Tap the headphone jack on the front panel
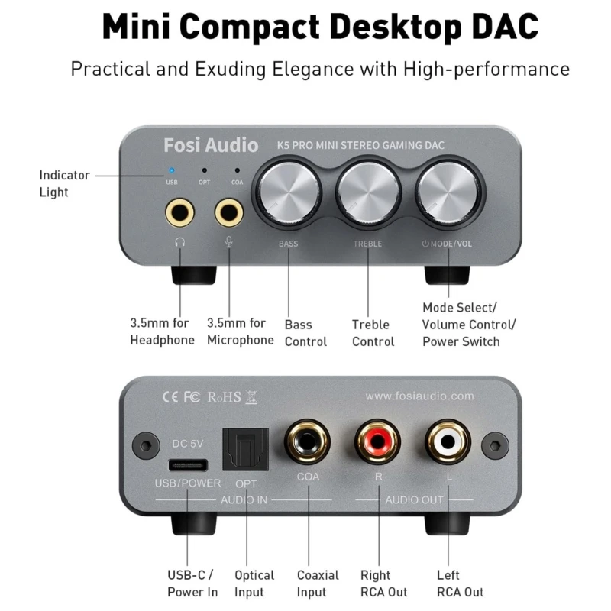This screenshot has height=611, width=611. (179, 211)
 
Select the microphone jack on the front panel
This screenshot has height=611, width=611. (228, 211)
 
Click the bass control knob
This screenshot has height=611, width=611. (288, 189)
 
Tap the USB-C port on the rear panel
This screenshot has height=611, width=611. (186, 464)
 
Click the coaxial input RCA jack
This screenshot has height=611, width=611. (307, 442)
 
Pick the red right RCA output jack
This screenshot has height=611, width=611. (378, 442)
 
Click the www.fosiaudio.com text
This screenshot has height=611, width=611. (419, 396)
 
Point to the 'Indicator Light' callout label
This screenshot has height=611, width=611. (64, 183)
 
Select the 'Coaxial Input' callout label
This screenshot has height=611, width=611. (318, 584)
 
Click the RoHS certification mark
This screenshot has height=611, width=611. (223, 396)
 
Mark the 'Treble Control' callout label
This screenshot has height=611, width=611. (373, 333)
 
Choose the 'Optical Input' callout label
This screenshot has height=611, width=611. (254, 584)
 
